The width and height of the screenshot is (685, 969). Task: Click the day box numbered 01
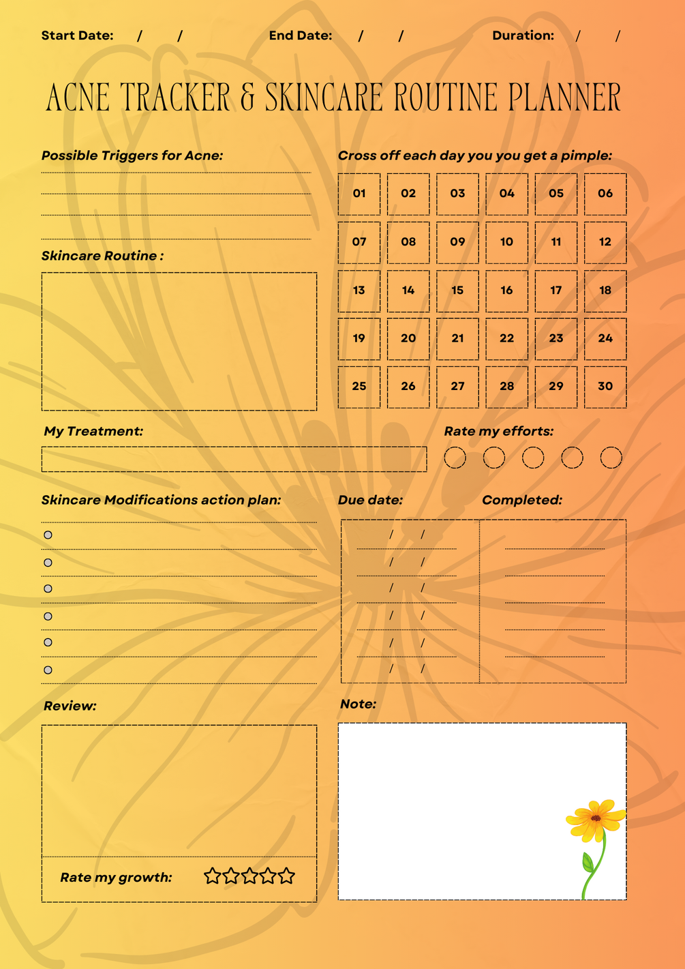[359, 194]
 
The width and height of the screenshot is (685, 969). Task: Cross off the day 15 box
[457, 290]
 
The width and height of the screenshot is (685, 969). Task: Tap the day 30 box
[605, 387]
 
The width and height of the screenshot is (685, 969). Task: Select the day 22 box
[506, 338]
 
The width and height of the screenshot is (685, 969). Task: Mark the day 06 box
[605, 194]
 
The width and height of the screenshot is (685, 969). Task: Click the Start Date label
[77, 35]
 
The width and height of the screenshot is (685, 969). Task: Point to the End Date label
[300, 35]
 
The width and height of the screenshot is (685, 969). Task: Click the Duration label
[523, 35]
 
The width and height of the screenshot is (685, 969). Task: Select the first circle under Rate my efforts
[455, 458]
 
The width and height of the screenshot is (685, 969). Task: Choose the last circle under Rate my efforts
[611, 458]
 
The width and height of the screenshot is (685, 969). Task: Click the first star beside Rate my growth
[212, 876]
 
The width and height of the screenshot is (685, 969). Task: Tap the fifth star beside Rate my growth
[287, 876]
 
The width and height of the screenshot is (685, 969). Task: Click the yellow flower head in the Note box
[595, 818]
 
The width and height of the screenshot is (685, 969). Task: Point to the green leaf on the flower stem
[588, 863]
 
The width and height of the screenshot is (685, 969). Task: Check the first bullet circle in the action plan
[48, 535]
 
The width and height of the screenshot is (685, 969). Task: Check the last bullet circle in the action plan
[48, 670]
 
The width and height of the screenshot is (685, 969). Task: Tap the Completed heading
[521, 500]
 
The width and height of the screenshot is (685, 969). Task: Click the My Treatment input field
[234, 459]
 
